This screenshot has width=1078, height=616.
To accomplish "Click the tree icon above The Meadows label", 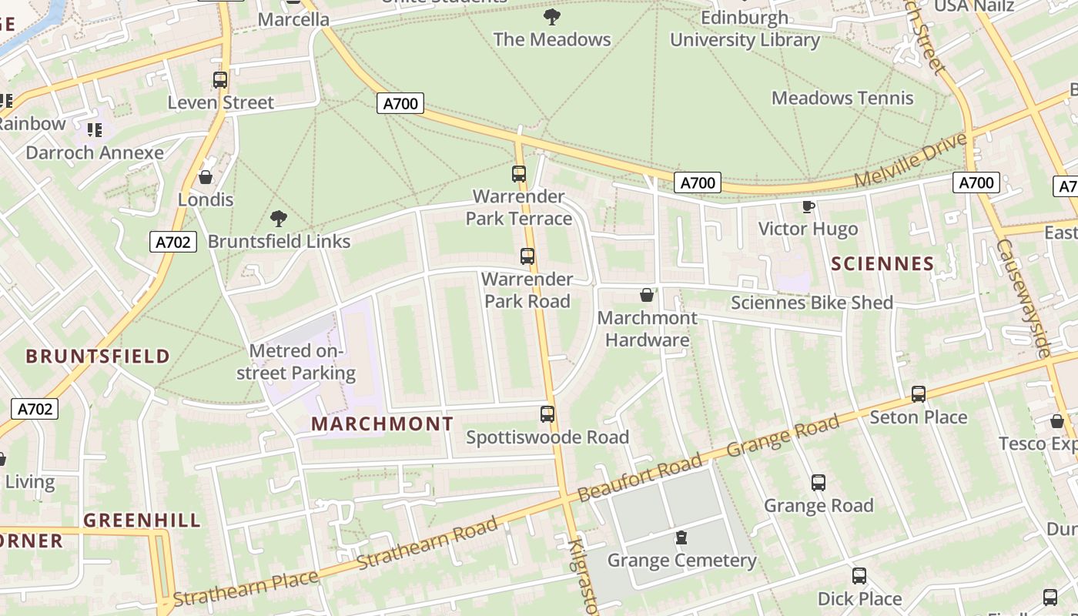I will (551, 16).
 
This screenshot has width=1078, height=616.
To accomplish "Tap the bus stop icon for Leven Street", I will (220, 79).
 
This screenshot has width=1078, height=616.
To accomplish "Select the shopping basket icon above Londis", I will (206, 178).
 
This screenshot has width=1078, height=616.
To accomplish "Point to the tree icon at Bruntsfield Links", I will (279, 219).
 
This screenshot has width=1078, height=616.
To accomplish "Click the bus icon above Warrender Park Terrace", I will (519, 174).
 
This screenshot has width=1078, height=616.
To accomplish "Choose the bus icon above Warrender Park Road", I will (527, 256).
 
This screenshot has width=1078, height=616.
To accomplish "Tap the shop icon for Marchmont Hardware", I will (647, 295).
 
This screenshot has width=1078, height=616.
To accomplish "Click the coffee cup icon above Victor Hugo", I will (808, 206).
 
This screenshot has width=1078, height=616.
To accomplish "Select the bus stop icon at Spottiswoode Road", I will (547, 414).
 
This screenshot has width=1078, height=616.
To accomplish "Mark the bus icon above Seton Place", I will (918, 394).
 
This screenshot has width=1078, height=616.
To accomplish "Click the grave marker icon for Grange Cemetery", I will (681, 537).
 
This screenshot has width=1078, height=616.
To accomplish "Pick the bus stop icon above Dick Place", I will (859, 576).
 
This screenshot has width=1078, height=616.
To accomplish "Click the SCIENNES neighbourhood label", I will (882, 264).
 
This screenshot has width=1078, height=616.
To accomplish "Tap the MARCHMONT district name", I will (382, 424).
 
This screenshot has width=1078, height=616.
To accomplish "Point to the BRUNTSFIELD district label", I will (98, 357).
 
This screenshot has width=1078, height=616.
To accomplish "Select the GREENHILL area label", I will (142, 521).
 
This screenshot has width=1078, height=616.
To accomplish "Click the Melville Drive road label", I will (910, 160).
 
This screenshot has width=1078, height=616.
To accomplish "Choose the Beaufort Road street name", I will (640, 477).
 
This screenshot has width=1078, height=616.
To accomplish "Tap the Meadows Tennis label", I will (842, 98).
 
